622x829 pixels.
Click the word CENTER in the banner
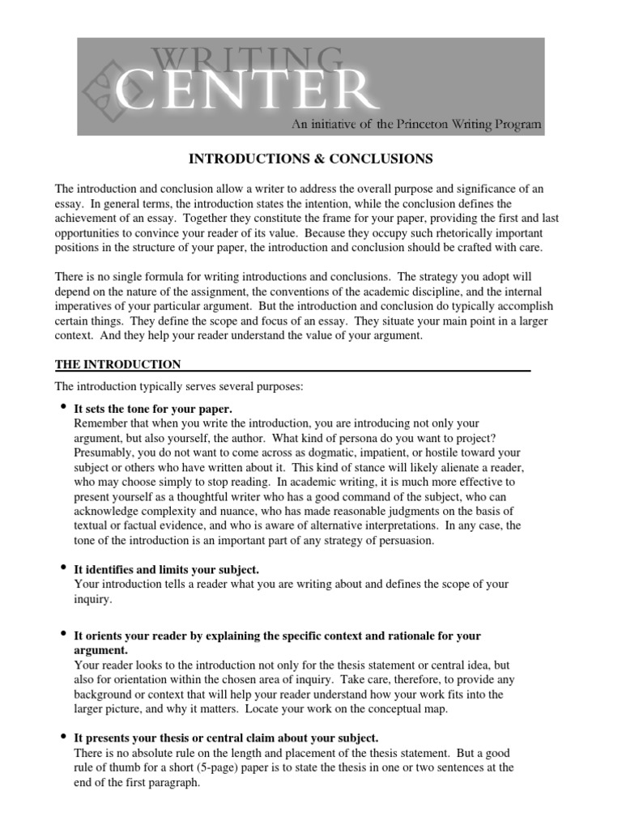pos(247,91)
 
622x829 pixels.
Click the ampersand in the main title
pos(304,157)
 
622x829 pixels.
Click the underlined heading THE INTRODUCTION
pos(117,364)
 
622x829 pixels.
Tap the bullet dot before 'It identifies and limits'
pos(63,569)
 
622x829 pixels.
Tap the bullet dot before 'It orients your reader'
pos(63,635)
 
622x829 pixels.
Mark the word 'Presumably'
pos(103,453)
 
